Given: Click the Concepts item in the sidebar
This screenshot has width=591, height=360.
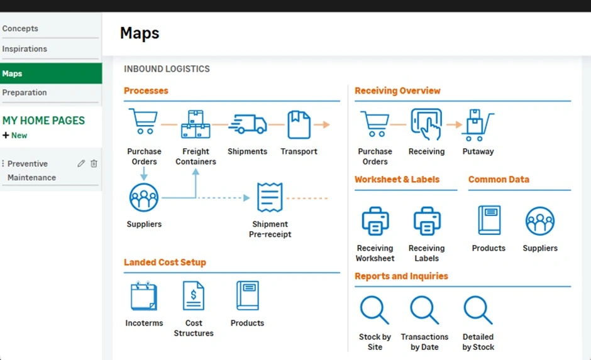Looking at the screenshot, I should point(20,29).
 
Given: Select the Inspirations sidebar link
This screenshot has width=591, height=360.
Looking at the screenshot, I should point(25,49).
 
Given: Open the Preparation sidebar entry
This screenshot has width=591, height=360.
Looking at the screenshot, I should point(25,92).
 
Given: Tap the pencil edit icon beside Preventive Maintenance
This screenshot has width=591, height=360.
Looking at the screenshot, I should point(81,163).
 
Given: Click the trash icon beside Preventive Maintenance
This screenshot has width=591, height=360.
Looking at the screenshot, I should point(94,163).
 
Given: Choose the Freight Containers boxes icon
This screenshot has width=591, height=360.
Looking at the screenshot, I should point(196,124).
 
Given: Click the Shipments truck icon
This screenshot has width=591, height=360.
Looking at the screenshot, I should point(247,124).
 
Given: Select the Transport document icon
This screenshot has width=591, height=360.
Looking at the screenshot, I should point(299,124).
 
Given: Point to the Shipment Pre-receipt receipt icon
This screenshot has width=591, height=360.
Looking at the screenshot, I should point(270,197).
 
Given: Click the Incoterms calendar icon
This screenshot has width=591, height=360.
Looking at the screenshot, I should point(144,296).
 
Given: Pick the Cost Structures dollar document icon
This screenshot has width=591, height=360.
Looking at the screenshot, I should point(194,296).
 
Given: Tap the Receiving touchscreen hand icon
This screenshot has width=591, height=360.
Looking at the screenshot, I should point(426,124).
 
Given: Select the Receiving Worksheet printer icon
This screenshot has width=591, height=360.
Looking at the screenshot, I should point(375,221).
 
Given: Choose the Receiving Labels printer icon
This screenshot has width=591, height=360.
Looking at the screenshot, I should point(427,221).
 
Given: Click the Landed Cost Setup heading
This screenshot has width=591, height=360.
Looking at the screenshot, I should point(165,263).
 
